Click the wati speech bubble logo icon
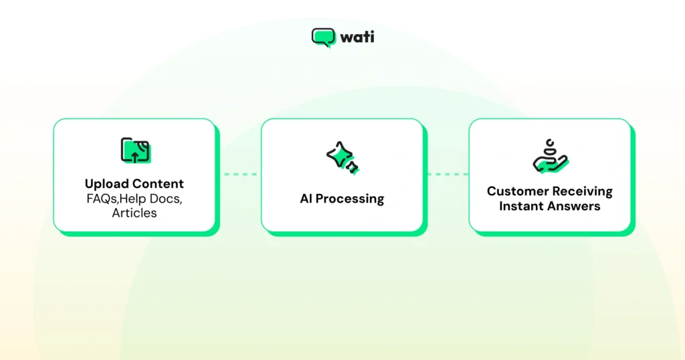click(323, 37)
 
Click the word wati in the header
click(357, 37)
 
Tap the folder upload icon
click(134, 151)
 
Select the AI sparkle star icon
click(342, 158)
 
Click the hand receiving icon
click(550, 157)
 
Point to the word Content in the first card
click(157, 183)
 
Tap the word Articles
click(134, 213)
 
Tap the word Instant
click(522, 206)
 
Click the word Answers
click(575, 206)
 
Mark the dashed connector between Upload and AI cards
click(239, 175)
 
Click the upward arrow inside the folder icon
click(134, 156)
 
